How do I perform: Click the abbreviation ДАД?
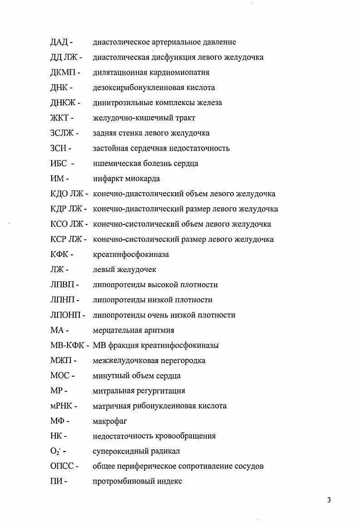[x=59, y=42]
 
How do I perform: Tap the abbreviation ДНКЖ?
[x=63, y=103]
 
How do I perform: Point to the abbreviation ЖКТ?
[x=59, y=118]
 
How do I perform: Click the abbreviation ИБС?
[x=59, y=163]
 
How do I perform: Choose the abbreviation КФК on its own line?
[x=59, y=254]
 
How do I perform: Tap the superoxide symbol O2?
[x=56, y=451]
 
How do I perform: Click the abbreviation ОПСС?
[x=62, y=466]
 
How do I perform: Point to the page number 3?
[x=329, y=500]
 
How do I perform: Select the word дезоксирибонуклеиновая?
[x=136, y=87]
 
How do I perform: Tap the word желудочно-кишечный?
[x=129, y=118]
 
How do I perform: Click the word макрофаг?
[x=110, y=421]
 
